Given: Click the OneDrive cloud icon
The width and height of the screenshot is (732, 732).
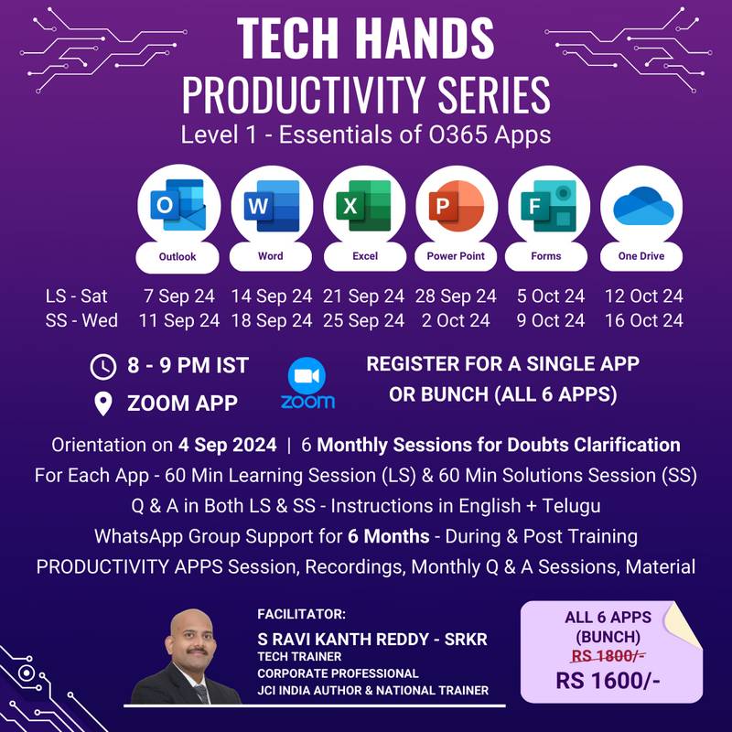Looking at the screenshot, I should [x=640, y=206].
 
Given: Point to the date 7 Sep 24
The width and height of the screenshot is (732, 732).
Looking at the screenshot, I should [x=179, y=296].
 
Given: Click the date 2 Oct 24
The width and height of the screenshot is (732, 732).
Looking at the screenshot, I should [x=456, y=320].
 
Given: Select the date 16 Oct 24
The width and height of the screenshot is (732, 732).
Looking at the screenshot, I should [x=643, y=320].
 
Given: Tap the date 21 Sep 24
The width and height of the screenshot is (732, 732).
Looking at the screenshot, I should [x=364, y=296].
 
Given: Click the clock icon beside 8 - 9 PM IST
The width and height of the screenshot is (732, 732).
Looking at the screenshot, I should [x=103, y=366].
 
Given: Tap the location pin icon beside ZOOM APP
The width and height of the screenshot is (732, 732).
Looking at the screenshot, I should [x=103, y=403].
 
